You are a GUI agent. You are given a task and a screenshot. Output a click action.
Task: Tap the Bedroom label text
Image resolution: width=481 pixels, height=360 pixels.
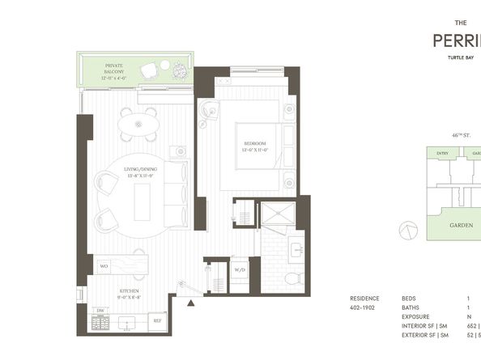tap(254, 147)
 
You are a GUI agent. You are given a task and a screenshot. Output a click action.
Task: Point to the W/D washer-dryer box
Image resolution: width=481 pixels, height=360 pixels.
tap(240, 270)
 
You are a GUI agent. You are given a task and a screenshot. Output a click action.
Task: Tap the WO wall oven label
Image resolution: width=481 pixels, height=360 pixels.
tap(104, 265)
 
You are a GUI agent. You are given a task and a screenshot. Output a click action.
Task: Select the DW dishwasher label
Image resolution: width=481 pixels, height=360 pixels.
tap(100, 311)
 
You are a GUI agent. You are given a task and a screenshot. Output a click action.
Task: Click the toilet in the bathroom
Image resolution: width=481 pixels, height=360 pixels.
tap(292, 277)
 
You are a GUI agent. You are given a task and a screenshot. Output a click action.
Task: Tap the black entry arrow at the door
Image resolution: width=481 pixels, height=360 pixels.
tap(191, 304)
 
